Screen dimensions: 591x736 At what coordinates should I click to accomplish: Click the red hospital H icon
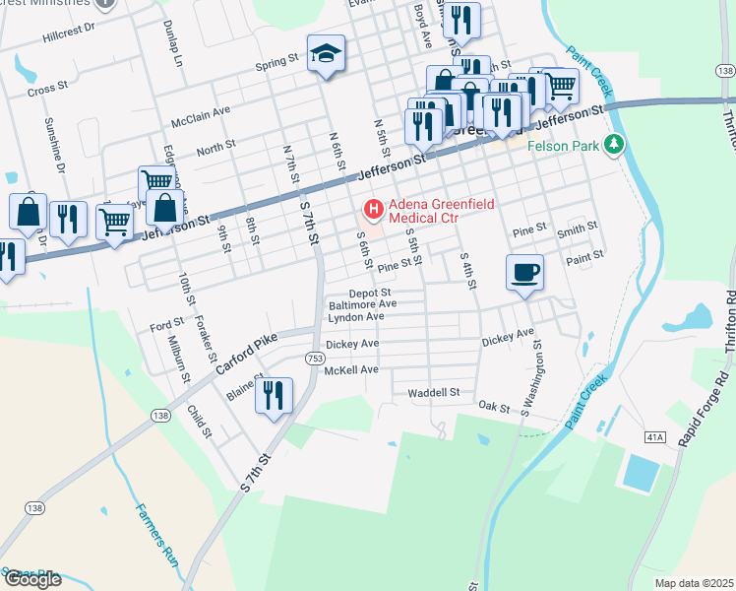(x=373, y=209)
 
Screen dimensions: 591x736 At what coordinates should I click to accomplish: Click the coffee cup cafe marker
(x=524, y=271)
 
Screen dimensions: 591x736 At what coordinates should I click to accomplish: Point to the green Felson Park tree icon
(x=615, y=145)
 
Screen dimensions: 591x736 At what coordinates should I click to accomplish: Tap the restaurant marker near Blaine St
(x=274, y=396)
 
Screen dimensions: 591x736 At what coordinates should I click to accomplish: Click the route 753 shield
(x=312, y=359)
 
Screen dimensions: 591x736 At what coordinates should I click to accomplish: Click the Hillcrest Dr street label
(x=69, y=32)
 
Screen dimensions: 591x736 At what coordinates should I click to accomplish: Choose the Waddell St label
(x=434, y=392)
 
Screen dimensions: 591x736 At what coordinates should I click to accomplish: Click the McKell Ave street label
(x=351, y=369)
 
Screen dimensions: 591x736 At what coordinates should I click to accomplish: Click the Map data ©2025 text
(x=694, y=583)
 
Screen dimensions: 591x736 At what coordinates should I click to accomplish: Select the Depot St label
(x=371, y=293)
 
